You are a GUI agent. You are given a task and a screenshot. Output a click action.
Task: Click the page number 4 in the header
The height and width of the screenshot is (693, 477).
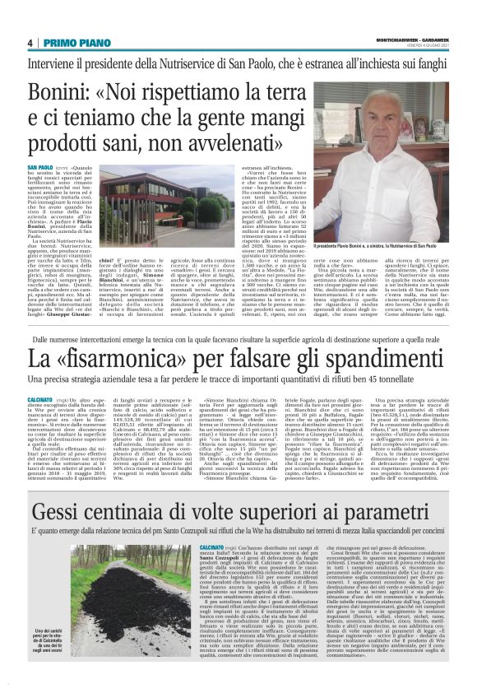point(30,43)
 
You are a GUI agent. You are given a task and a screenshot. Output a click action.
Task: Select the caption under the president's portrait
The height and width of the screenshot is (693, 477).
point(385,246)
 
